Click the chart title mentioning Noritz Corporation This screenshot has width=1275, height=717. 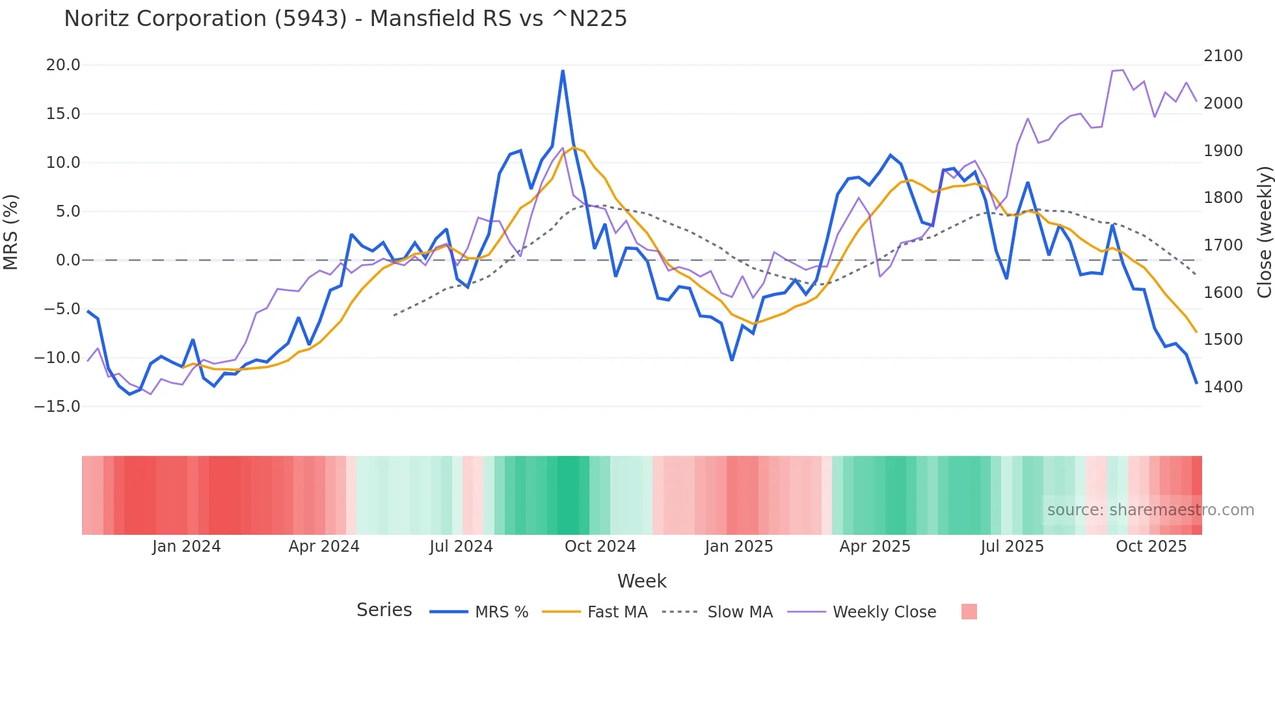[x=345, y=19]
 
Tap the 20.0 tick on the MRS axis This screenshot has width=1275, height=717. [x=63, y=65]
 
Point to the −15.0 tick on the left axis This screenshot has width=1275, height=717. [x=58, y=407]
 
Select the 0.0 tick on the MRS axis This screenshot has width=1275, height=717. [x=68, y=260]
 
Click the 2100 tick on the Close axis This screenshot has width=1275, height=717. [x=1223, y=56]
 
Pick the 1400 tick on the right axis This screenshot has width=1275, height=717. [x=1223, y=386]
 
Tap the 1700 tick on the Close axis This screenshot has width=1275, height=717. [x=1223, y=245]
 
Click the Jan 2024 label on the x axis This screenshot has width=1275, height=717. [x=187, y=547]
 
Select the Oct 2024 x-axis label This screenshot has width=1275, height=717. [x=600, y=547]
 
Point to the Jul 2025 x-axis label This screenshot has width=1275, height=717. [x=1012, y=547]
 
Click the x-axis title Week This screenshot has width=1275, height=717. [x=641, y=581]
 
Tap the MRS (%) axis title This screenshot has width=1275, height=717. [x=11, y=232]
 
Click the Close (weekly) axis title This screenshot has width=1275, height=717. [x=1264, y=232]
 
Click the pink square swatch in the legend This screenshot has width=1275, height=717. [x=969, y=612]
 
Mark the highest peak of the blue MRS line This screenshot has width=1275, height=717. [x=563, y=71]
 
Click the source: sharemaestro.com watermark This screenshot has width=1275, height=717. [x=1150, y=510]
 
